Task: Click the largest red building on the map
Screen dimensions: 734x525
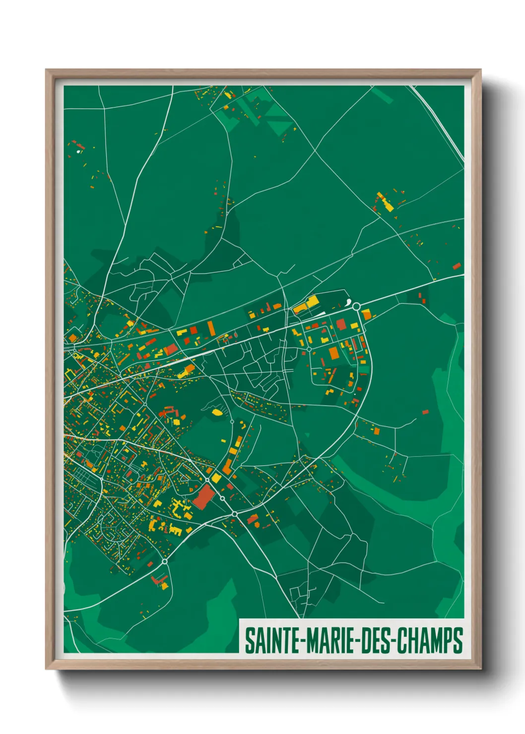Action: tap(202, 496)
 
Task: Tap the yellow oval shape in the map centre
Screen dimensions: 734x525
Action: tap(217, 412)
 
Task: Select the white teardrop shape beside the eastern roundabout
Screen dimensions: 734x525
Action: tap(348, 302)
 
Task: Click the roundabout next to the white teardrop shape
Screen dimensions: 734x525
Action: tap(356, 306)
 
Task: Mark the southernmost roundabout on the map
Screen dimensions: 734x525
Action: tap(164, 562)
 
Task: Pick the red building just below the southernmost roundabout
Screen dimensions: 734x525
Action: tap(159, 579)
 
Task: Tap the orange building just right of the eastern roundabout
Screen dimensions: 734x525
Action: tap(366, 314)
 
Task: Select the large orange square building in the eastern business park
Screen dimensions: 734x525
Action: tap(333, 353)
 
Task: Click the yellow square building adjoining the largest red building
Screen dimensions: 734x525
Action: tap(216, 478)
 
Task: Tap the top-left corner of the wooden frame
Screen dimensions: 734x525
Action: tap(47, 70)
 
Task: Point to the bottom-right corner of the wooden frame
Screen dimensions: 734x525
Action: tap(480, 668)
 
